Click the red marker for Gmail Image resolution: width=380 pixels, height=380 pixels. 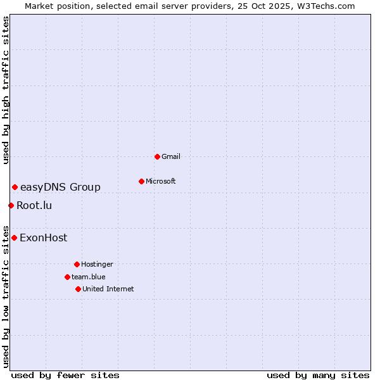click(157, 156)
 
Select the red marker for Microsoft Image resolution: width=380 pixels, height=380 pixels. click(141, 181)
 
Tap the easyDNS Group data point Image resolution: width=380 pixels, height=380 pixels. click(15, 187)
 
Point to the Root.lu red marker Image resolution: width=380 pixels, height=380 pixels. click(11, 205)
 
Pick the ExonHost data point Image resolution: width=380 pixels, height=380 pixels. click(14, 237)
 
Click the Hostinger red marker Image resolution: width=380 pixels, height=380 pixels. click(77, 264)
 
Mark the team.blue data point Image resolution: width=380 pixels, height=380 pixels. click(67, 277)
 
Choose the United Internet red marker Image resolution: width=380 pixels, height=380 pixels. click(78, 289)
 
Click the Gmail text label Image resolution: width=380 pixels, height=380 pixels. click(171, 156)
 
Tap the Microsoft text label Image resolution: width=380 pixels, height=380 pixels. click(161, 181)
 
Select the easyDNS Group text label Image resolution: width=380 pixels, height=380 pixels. click(60, 187)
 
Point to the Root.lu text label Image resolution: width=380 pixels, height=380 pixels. click(34, 205)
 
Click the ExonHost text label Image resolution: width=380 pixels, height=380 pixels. click(43, 238)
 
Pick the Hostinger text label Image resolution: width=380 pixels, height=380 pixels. click(97, 264)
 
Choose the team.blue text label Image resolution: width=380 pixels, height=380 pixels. click(89, 277)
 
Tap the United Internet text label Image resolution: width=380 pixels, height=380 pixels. click(108, 289)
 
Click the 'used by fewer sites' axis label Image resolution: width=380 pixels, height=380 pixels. click(65, 375)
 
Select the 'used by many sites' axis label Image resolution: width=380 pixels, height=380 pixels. click(318, 375)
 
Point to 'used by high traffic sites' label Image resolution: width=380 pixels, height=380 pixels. click(6, 90)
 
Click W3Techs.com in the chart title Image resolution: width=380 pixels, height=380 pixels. click(325, 6)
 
